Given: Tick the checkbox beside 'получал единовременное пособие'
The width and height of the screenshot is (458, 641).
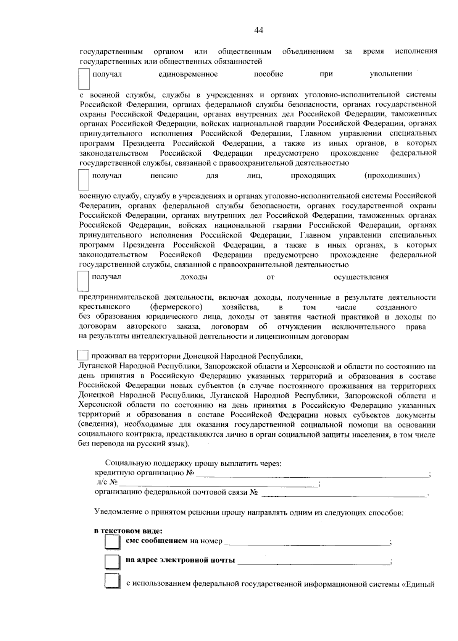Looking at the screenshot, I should coord(84,79).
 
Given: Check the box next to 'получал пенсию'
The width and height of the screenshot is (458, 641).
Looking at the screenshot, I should coord(84,180).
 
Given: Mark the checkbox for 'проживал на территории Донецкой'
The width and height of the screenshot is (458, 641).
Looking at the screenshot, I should coord(83,355).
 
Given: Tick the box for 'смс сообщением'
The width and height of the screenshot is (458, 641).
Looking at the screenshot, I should coord(111,542).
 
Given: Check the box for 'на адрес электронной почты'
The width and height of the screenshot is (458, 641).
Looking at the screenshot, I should coord(111,561).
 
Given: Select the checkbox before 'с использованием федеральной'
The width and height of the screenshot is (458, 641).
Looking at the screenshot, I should coord(111,581).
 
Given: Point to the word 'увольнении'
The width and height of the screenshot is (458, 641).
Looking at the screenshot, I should coord(390,74).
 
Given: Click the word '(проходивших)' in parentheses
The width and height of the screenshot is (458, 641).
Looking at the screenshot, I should coord(392,176).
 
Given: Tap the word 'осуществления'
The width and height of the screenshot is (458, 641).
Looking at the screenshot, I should coord(361,277).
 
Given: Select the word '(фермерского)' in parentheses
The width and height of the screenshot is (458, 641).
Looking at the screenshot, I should coord(176,307).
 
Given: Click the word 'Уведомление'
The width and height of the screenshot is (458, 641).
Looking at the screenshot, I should coord(118,513).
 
